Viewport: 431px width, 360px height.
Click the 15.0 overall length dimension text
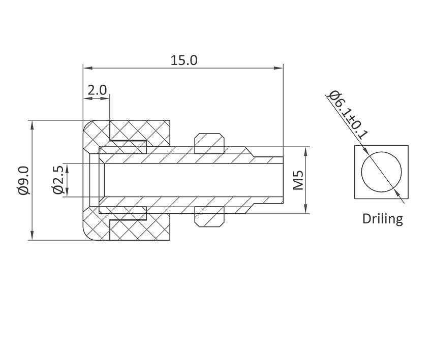183,60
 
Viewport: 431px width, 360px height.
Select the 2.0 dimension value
97,90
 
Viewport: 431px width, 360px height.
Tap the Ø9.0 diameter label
23,180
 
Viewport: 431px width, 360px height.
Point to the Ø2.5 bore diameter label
57,180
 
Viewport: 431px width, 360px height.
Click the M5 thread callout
298,180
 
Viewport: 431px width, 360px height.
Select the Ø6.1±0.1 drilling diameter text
348,115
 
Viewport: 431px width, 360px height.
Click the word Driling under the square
382,219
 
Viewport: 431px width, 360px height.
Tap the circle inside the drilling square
381,172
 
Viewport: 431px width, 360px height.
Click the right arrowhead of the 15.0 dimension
279,68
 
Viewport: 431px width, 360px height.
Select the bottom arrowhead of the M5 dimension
306,210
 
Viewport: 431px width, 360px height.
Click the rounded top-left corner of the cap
88,125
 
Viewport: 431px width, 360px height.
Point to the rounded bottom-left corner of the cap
88,236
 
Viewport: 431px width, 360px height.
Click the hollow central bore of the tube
193,180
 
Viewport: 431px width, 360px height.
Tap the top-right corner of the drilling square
408,146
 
